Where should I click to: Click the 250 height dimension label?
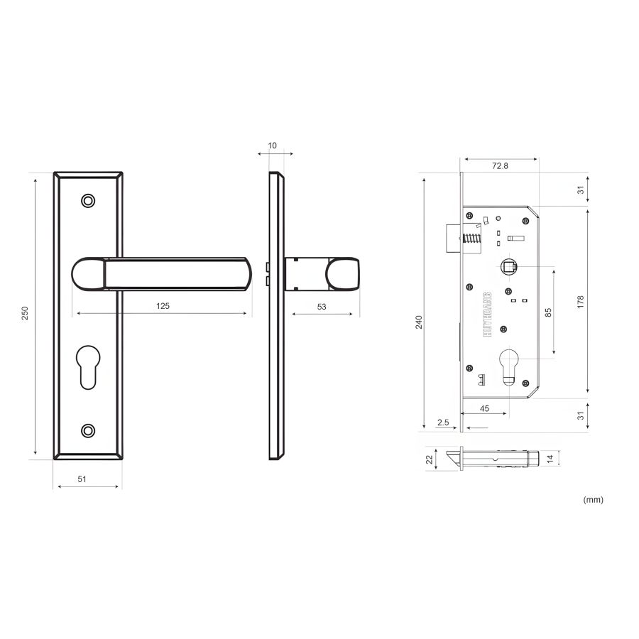[25, 313]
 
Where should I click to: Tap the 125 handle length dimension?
[163, 305]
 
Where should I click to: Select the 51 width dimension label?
[82, 479]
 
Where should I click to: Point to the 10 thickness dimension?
[272, 146]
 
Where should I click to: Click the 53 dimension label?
[322, 307]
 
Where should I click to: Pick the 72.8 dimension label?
[500, 166]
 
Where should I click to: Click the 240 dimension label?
[418, 322]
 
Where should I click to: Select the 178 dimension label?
[581, 302]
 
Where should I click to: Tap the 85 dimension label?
[548, 312]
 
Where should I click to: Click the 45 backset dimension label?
[484, 408]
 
